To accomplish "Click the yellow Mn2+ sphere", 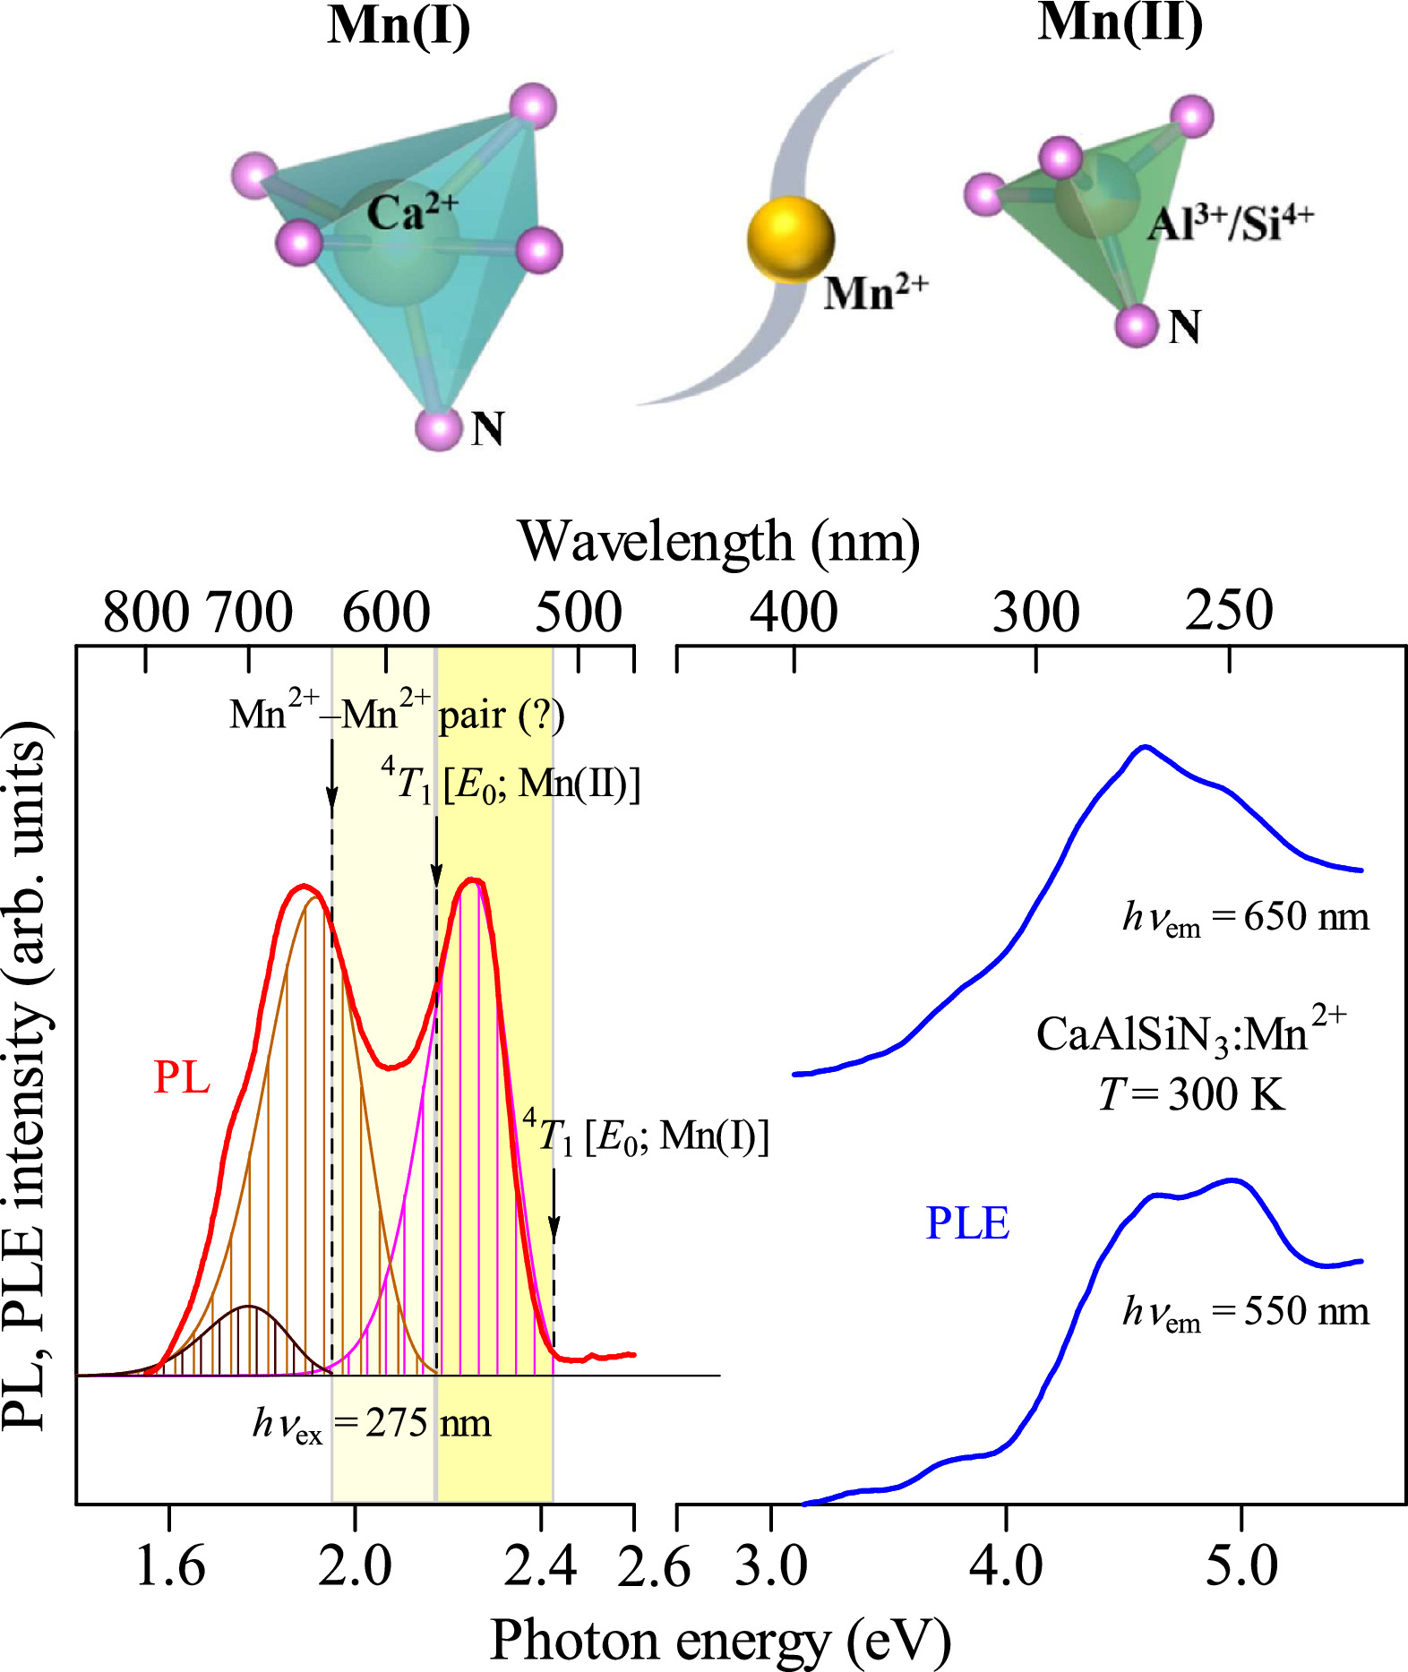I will pos(790,239).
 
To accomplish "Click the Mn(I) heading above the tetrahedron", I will pos(399,26).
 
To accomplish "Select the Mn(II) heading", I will pos(1120,22).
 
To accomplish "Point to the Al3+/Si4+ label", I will pos(1230,222).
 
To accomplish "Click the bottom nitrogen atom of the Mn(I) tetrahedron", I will pos(439,429).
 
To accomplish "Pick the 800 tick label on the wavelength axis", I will pos(146,613).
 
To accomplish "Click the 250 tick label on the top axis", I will pos(1228,611).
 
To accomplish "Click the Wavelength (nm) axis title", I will pos(718,542).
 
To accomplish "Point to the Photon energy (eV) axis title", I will pos(719,1641).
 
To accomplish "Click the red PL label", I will pos(182,1076).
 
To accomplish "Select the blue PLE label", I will pos(966,1223).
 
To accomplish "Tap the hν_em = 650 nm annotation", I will pos(1245,917).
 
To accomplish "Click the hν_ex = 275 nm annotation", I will pos(372,1423).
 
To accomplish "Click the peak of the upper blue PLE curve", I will pos(1144,746).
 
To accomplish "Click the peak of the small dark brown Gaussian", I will pos(250,1307).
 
